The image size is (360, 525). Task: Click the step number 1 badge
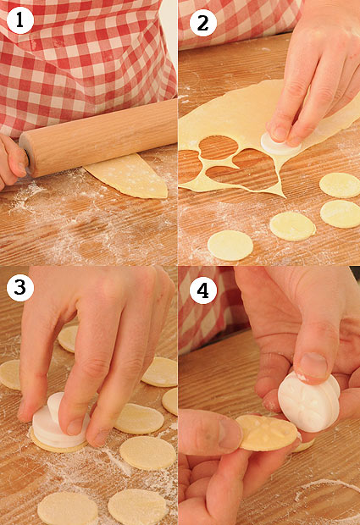(19, 20)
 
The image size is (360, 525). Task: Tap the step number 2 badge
(202, 23)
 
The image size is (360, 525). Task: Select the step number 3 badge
(19, 287)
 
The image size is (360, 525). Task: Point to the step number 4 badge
(202, 290)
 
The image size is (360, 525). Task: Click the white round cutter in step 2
(280, 144)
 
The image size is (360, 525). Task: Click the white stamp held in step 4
(308, 401)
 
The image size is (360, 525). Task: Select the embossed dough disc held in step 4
(267, 433)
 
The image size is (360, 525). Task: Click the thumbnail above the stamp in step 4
(313, 366)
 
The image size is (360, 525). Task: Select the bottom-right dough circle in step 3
(137, 507)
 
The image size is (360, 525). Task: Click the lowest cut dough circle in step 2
(230, 246)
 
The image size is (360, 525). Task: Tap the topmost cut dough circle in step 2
(340, 185)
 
